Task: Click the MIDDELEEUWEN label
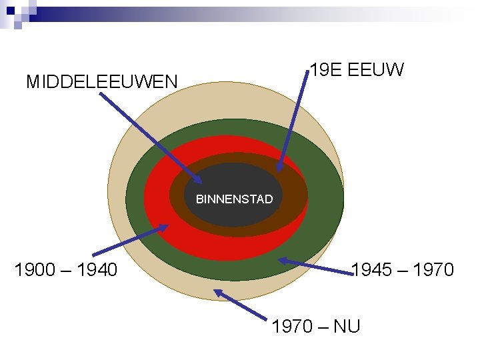click(102, 82)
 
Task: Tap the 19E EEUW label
click(357, 70)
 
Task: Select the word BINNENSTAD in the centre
click(234, 199)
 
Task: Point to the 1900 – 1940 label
click(66, 270)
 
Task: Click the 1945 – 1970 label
click(402, 270)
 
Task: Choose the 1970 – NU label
click(316, 326)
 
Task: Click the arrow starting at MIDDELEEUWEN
click(150, 137)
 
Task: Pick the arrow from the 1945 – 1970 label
click(313, 265)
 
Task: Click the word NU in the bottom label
click(347, 326)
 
